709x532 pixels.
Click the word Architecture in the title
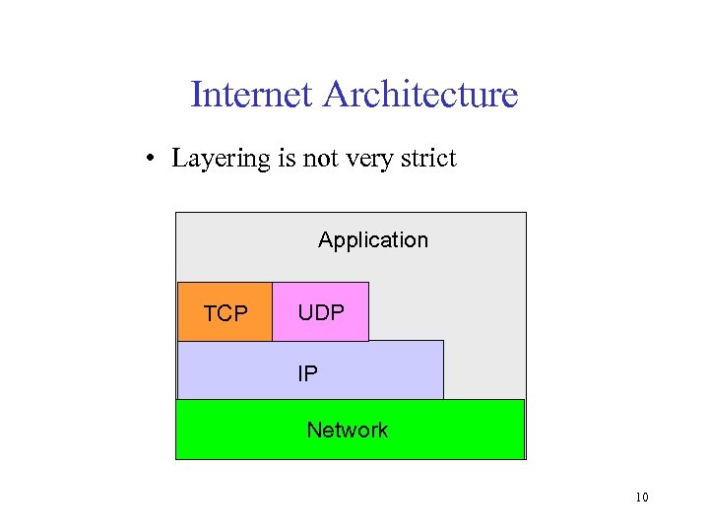pyautogui.click(x=419, y=95)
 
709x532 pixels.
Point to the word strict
pyautogui.click(x=427, y=158)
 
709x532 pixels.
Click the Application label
pyautogui.click(x=373, y=240)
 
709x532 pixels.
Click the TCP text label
pyautogui.click(x=226, y=314)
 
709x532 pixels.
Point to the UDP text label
pyautogui.click(x=321, y=313)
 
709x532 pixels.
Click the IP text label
pyautogui.click(x=308, y=374)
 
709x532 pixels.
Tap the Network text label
pyautogui.click(x=347, y=430)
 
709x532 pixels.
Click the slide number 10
pyautogui.click(x=641, y=498)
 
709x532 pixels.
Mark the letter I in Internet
pyautogui.click(x=195, y=95)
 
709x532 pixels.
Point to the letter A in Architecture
pyautogui.click(x=335, y=95)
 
